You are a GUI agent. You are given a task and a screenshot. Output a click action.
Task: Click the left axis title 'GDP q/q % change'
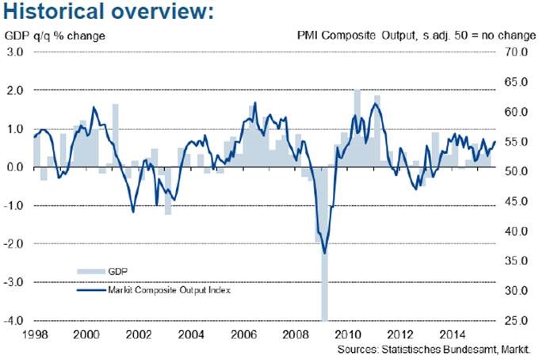pos(55,36)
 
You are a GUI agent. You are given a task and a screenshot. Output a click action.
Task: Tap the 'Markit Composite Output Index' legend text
pos(166,290)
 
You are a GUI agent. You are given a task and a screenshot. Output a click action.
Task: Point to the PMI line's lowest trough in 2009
pos(325,253)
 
